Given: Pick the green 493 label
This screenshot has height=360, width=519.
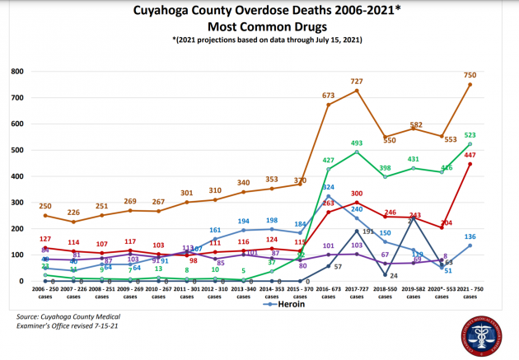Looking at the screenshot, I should pyautogui.click(x=357, y=142).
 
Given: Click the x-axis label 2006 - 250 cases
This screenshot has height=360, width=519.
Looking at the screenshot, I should pyautogui.click(x=45, y=294).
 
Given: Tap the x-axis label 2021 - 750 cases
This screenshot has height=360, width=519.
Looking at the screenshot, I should pyautogui.click(x=470, y=294).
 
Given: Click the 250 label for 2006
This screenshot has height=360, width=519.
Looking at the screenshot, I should pyautogui.click(x=45, y=205).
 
